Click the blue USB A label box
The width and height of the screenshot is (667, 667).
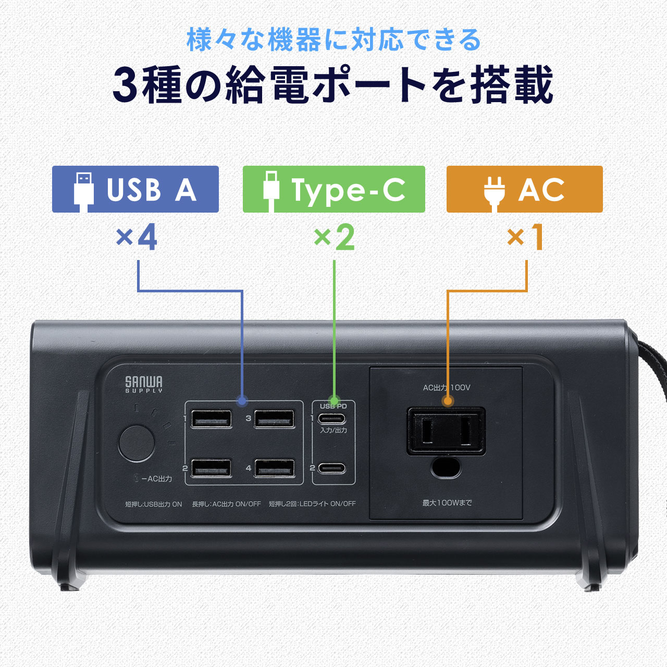[x=135, y=189]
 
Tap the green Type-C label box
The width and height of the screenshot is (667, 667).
[x=333, y=189]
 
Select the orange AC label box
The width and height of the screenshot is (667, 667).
[x=524, y=189]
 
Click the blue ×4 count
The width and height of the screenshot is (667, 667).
[x=137, y=238]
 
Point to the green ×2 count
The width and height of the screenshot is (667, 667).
[x=334, y=238]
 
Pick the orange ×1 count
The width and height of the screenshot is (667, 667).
[x=525, y=238]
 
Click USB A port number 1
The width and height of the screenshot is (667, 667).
[x=212, y=418]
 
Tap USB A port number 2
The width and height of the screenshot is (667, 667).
[x=212, y=467]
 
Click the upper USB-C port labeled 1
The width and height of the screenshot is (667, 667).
[x=332, y=418]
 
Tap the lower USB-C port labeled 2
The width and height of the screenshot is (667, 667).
[x=332, y=467]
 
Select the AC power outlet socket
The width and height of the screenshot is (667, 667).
[x=446, y=431]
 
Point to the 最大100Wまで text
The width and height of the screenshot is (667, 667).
[x=447, y=503]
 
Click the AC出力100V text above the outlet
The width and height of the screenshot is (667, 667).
[x=447, y=388]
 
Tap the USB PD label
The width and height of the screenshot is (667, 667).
[x=333, y=406]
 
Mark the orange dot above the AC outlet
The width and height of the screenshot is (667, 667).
[x=447, y=401]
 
